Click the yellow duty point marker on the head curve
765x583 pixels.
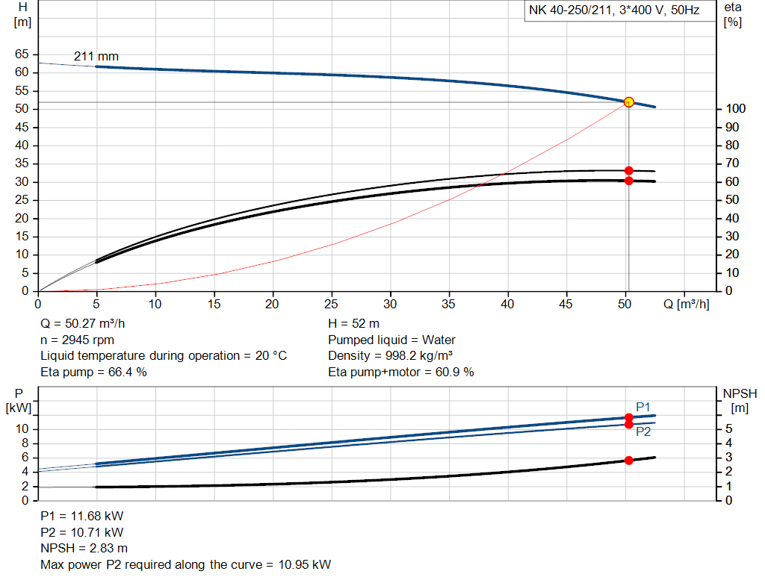pyautogui.click(x=628, y=102)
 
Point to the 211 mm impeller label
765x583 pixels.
pyautogui.click(x=96, y=57)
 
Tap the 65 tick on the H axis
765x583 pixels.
pyautogui.click(x=22, y=54)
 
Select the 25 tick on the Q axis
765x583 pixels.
pyautogui.click(x=332, y=304)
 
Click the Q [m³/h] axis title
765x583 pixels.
pyautogui.click(x=685, y=304)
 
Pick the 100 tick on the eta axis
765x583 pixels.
pyautogui.click(x=734, y=109)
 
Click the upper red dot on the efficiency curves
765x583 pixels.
pyautogui.click(x=628, y=171)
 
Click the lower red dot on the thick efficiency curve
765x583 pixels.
pyautogui.click(x=628, y=181)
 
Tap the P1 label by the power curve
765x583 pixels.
pyautogui.click(x=643, y=406)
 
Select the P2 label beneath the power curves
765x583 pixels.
pyautogui.click(x=643, y=432)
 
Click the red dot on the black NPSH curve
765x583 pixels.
pyautogui.click(x=628, y=461)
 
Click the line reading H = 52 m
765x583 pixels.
pyautogui.click(x=354, y=324)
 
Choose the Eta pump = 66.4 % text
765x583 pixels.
pyautogui.click(x=93, y=372)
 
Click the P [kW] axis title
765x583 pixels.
pyautogui.click(x=19, y=400)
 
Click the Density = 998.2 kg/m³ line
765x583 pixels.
pyautogui.click(x=391, y=356)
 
